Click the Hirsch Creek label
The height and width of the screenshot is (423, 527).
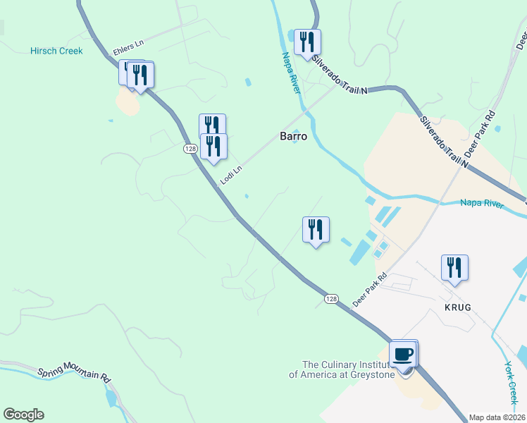point(56,51)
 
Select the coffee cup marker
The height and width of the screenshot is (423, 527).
point(403,354)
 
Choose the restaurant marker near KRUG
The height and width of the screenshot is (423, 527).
point(454,268)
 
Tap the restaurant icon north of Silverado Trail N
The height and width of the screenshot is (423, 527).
point(306,42)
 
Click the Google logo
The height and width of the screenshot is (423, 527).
point(23,415)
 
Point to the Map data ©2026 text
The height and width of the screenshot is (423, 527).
point(497,417)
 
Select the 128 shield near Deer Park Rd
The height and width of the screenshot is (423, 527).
point(331,299)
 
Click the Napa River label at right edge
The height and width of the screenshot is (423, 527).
point(482,204)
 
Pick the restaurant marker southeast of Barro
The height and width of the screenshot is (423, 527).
point(316,230)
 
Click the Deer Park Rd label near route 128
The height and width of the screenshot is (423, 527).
point(370,290)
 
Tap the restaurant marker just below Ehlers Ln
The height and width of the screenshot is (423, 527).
point(140,75)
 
